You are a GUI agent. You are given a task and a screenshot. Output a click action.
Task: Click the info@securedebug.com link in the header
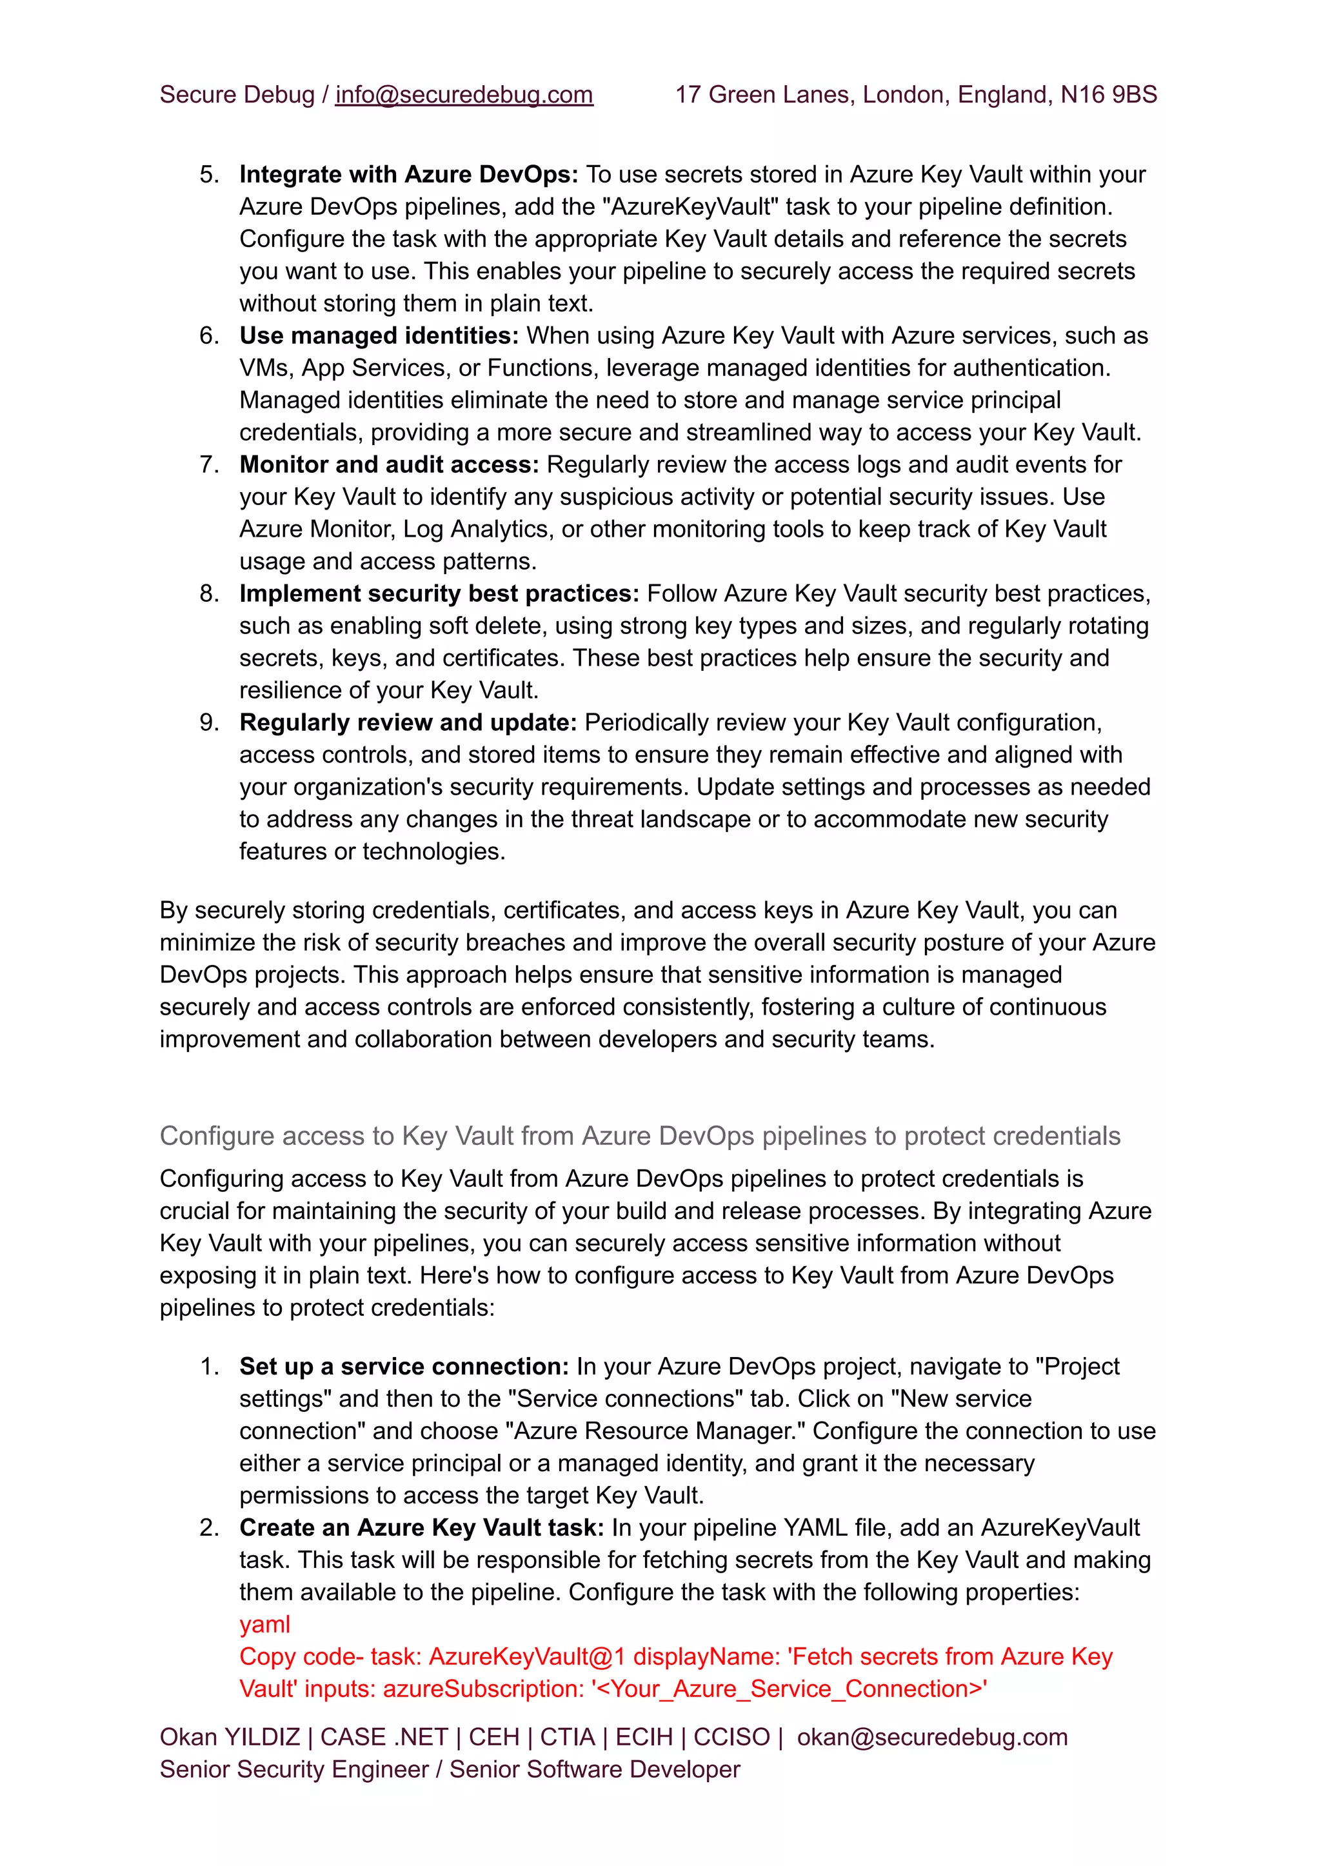464,95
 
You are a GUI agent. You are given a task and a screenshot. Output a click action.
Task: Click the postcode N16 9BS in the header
1108,95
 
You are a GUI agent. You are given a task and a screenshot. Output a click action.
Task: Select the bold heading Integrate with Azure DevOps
408,175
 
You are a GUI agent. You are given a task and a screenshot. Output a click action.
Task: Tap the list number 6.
209,336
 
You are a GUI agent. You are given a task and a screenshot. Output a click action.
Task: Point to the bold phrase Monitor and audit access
389,464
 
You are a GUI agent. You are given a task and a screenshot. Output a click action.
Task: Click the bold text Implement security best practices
439,594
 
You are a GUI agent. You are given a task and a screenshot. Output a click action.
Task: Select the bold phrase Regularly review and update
408,722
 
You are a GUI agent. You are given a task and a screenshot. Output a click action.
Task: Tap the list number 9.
209,722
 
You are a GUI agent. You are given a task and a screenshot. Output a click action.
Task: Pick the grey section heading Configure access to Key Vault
639,1136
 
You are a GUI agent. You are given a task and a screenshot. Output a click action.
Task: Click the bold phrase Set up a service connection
403,1367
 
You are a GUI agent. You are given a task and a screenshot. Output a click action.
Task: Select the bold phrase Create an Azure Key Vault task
421,1527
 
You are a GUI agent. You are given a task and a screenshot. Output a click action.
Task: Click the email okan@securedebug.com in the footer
931,1738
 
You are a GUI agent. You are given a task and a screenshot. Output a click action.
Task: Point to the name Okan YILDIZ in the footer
230,1738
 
